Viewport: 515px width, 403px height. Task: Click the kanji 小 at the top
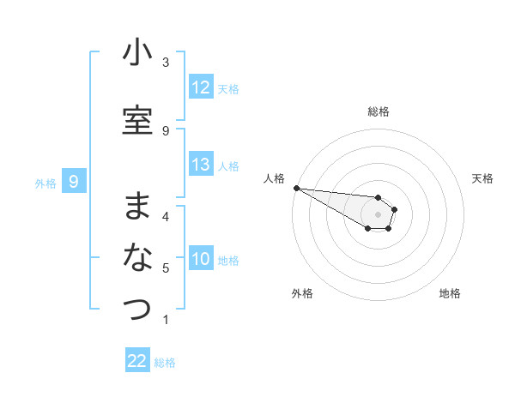[x=137, y=53]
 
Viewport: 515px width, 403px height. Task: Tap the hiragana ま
[x=137, y=206]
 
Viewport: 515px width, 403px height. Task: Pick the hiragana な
[x=137, y=257]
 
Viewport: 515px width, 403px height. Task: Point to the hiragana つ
[x=137, y=308]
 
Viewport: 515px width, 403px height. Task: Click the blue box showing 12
[x=201, y=87]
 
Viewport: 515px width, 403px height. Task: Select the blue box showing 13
[x=201, y=165]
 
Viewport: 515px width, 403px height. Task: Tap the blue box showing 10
[x=201, y=259]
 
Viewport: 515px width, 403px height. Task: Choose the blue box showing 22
[x=137, y=361]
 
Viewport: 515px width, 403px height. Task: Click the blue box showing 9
[x=75, y=181]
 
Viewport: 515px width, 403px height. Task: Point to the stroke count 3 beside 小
[x=166, y=63]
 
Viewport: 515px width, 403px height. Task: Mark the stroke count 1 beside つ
[x=166, y=320]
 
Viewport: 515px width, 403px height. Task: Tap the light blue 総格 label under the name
[x=165, y=363]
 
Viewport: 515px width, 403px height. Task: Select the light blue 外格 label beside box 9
[x=45, y=183]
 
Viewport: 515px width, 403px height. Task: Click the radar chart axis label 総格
[x=378, y=111]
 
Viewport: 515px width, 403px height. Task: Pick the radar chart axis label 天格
[x=483, y=178]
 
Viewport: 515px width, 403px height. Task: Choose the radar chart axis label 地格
[x=450, y=293]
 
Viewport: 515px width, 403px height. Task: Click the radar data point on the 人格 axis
[x=296, y=188]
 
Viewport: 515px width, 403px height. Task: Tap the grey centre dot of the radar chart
[x=378, y=214]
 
